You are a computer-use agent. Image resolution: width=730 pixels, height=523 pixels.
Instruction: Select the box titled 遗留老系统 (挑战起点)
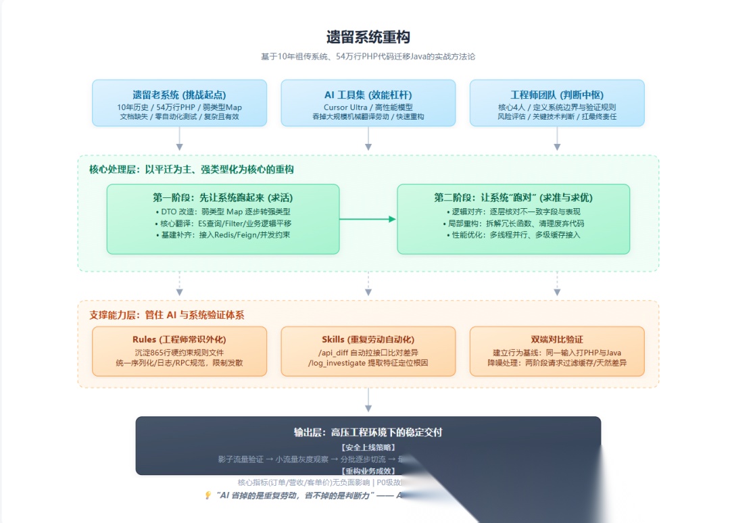click(179, 103)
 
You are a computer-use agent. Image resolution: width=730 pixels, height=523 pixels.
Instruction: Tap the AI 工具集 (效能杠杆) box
click(368, 103)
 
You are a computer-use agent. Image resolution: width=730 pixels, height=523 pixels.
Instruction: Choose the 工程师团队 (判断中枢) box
click(556, 103)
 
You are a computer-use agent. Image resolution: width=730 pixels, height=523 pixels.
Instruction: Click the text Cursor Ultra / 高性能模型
click(368, 107)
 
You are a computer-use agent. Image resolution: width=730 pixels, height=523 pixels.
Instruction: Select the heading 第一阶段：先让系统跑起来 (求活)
click(222, 197)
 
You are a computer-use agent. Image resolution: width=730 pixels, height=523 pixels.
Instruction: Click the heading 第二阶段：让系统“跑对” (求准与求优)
click(513, 197)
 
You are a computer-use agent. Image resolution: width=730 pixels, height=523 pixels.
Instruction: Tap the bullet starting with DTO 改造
click(222, 211)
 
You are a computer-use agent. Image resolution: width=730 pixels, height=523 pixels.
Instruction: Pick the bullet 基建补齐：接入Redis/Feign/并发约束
click(222, 234)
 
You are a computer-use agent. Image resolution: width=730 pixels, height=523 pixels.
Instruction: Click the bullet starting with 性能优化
click(513, 234)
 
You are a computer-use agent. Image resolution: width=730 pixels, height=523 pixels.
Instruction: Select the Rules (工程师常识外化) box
click(179, 351)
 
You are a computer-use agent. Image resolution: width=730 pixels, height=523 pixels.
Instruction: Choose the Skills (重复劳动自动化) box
click(368, 351)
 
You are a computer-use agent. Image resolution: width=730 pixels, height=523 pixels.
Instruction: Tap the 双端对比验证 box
click(556, 351)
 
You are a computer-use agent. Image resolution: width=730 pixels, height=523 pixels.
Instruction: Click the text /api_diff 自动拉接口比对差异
click(368, 352)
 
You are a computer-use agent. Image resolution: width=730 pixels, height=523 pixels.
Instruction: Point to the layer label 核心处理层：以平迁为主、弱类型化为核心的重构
click(191, 169)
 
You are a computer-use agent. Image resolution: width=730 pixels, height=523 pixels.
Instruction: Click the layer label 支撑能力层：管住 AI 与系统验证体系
click(167, 314)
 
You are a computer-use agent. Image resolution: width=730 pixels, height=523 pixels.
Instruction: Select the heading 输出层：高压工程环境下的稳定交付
click(368, 432)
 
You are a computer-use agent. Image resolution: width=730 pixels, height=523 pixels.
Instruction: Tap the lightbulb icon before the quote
click(208, 495)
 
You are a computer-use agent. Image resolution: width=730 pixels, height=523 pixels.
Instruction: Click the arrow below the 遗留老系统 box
click(179, 138)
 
